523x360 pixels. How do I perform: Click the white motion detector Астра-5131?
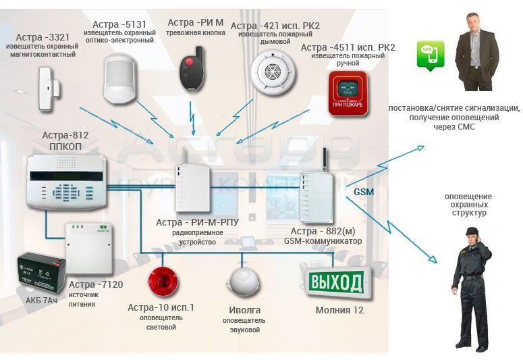[x=122, y=76]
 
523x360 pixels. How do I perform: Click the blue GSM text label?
[x=364, y=192]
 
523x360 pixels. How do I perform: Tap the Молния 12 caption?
[x=339, y=310]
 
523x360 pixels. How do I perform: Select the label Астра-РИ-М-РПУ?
[x=194, y=222]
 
